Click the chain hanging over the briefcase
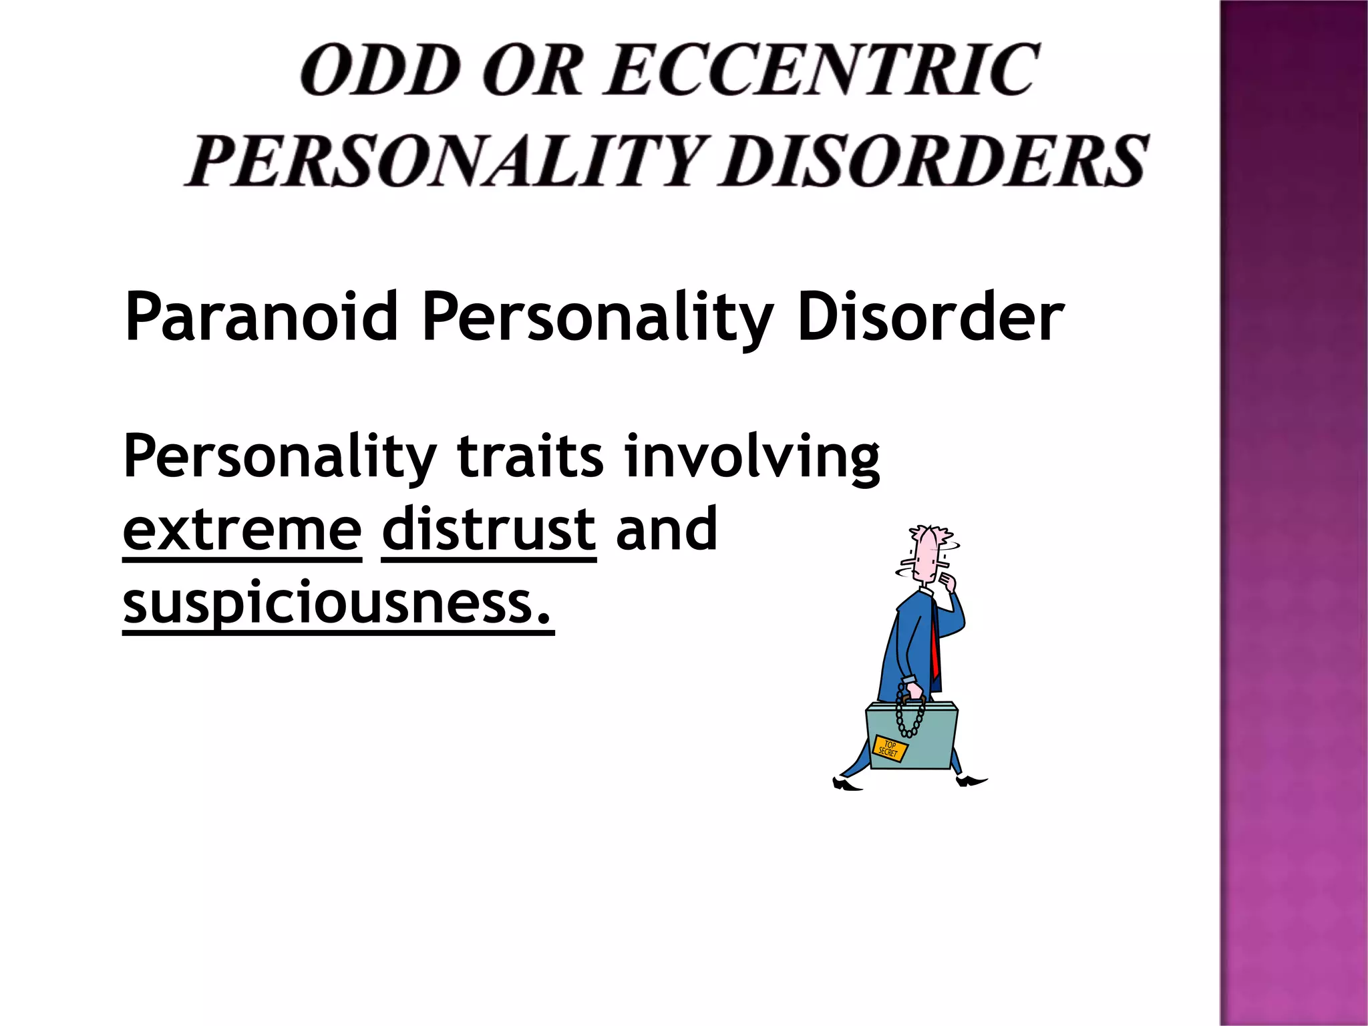pos(909,715)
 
